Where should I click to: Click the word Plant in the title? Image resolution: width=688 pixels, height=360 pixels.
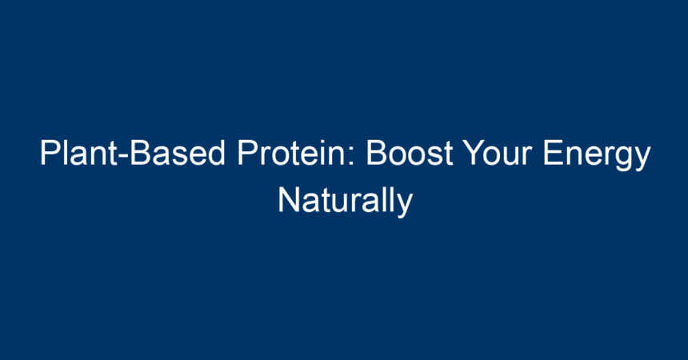tap(78, 154)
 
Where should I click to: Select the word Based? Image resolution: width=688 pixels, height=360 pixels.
tap(178, 154)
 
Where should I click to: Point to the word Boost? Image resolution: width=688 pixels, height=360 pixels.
tap(410, 154)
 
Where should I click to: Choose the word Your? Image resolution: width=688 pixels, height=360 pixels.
tap(498, 154)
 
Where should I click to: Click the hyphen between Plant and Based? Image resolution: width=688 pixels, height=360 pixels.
tap(123, 157)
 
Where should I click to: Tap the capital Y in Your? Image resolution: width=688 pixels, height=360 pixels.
tap(474, 154)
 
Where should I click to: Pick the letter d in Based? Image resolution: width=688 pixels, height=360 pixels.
tap(217, 154)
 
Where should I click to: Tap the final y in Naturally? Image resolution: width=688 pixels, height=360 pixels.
tap(405, 206)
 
